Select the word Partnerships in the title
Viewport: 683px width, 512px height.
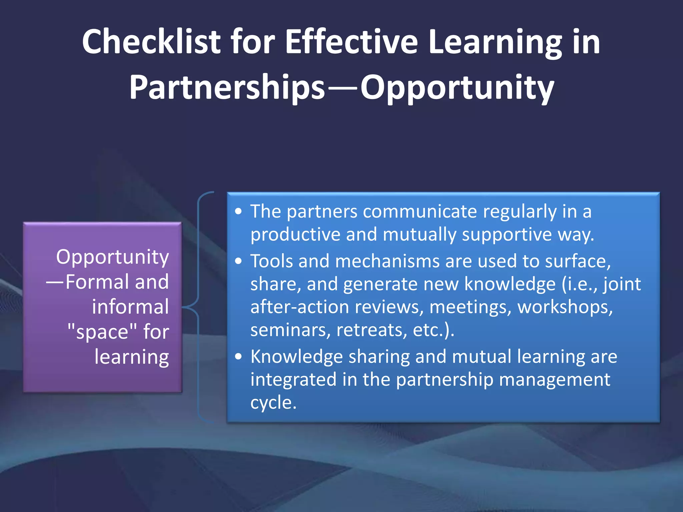pyautogui.click(x=227, y=87)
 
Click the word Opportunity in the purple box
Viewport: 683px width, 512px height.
pyautogui.click(x=112, y=257)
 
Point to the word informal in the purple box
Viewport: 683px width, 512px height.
pyautogui.click(x=130, y=307)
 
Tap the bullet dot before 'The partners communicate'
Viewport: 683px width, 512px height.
pyautogui.click(x=238, y=212)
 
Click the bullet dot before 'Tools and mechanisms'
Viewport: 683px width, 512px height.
pyautogui.click(x=238, y=261)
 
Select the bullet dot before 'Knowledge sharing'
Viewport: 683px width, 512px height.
pyautogui.click(x=238, y=357)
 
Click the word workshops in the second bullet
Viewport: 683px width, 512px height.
pyautogui.click(x=565, y=307)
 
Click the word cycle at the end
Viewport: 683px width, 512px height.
pyautogui.click(x=273, y=402)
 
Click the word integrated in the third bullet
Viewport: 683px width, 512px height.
pyautogui.click(x=293, y=379)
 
